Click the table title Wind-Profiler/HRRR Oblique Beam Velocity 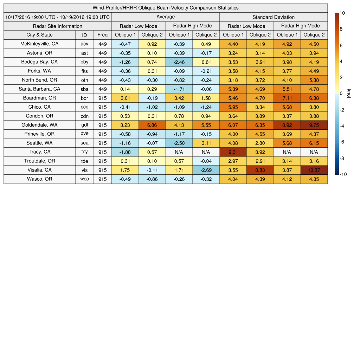click(165, 8)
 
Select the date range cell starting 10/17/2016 click(58, 17)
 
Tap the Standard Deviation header click(273, 17)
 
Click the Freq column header click(102, 35)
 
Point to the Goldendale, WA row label click(39, 125)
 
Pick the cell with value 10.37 click(314, 170)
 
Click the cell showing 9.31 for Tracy click(233, 152)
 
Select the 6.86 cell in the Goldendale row click(152, 125)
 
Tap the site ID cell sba click(84, 89)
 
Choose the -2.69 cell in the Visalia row click(206, 170)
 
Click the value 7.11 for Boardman click(287, 98)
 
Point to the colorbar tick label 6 click(341, 45)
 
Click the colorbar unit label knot click(349, 94)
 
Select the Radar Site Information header click(58, 26)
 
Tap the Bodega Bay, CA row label click(39, 62)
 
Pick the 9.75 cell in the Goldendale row click(314, 125)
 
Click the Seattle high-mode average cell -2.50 click(179, 143)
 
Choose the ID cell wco click(84, 179)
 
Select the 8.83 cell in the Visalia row click(260, 170)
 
